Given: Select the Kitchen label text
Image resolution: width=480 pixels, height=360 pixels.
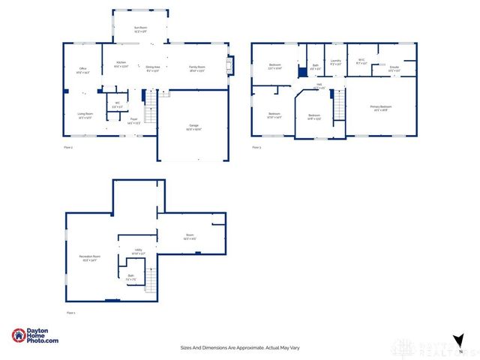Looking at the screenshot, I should tap(120, 64).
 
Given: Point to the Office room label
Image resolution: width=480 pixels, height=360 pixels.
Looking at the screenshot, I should tap(82, 70).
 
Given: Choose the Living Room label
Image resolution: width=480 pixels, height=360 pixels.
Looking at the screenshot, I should tap(85, 115).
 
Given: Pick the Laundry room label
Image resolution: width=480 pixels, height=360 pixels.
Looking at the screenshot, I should tap(335, 61).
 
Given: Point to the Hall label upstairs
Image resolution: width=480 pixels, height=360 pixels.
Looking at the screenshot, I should tap(319, 87).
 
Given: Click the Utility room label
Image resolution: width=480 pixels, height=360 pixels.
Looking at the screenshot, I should tap(138, 251).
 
